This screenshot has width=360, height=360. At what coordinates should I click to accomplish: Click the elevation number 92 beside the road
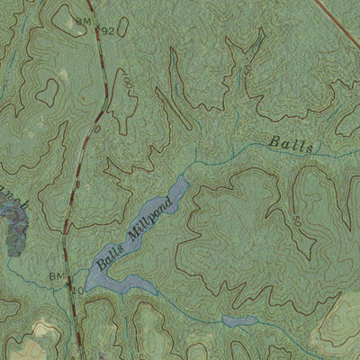coord(109,31)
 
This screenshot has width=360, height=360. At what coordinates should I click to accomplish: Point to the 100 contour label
coord(127,84)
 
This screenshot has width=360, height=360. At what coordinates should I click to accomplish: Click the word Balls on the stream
coord(291,144)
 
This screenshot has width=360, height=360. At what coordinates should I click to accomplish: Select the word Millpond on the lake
coord(150,223)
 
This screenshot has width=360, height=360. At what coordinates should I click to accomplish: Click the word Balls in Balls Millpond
coord(110,259)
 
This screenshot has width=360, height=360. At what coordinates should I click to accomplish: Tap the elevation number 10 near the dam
coord(78,290)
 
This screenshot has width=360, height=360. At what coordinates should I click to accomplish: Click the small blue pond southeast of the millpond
coord(238,320)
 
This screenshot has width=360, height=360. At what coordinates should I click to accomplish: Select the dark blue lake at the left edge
coord(13,227)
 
